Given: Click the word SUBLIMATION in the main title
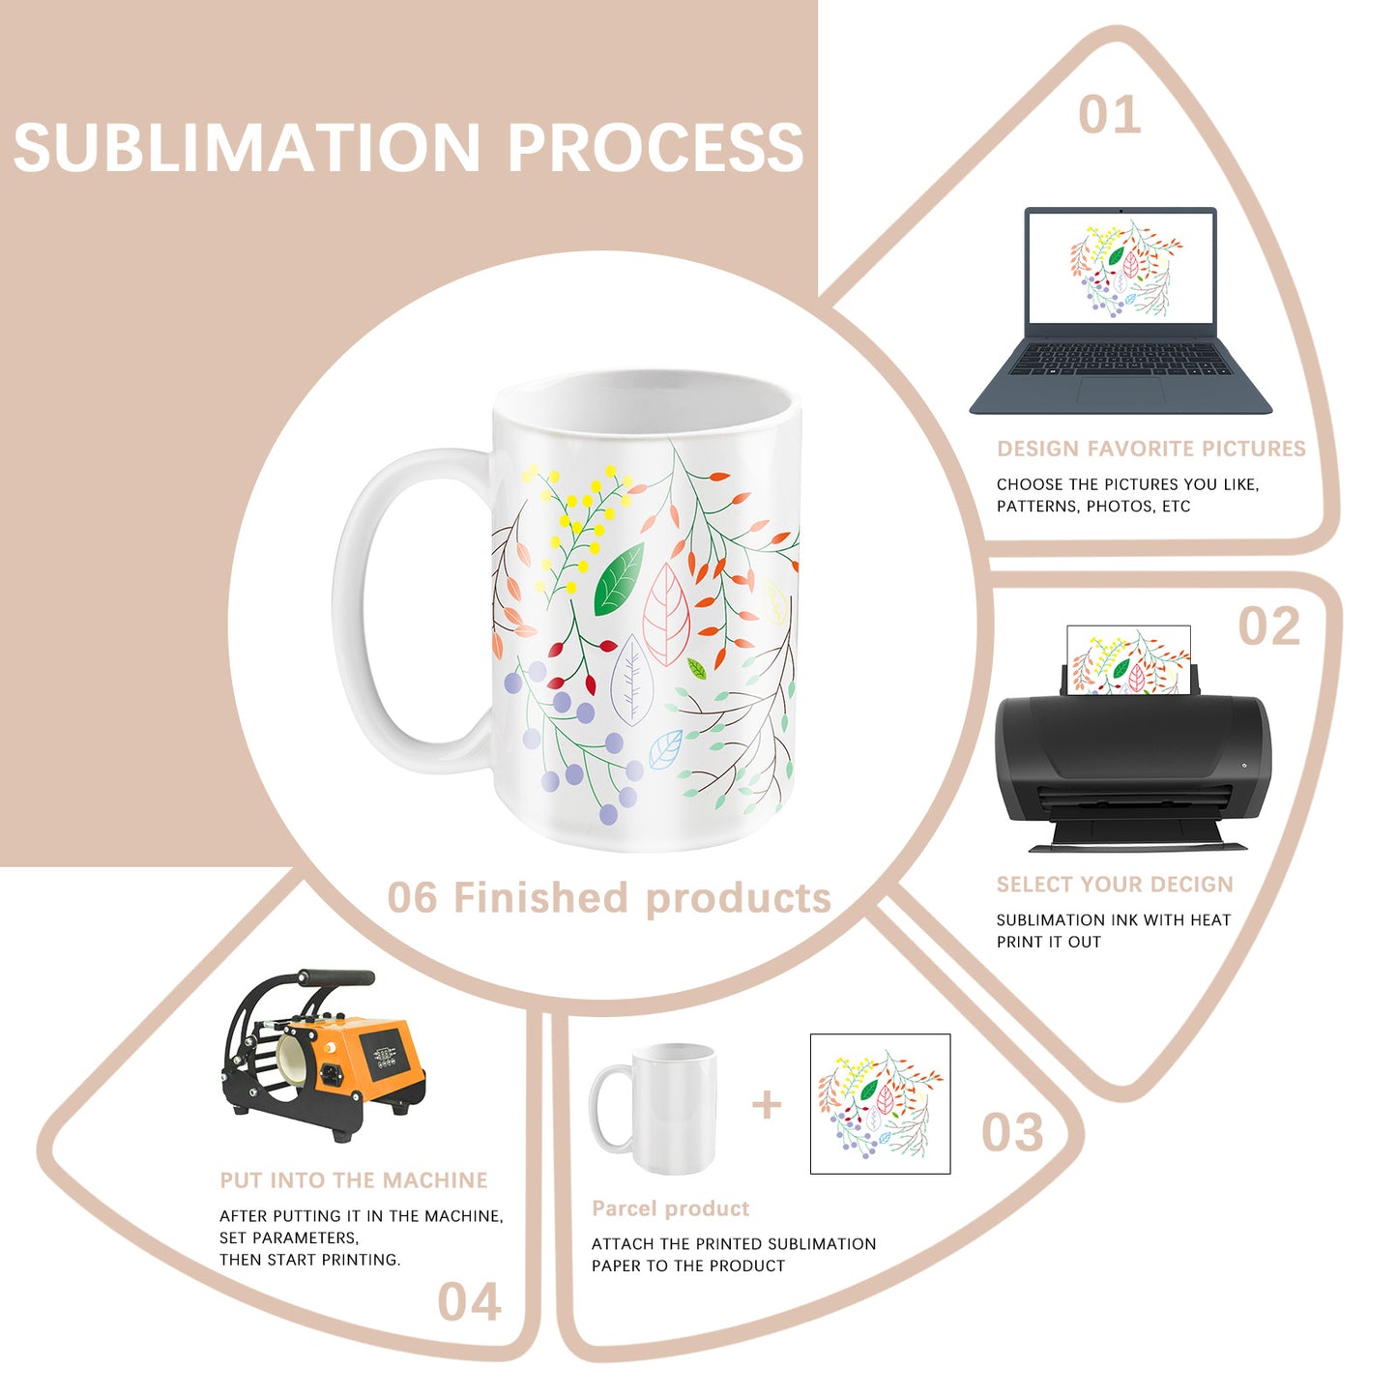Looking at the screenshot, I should point(247,148).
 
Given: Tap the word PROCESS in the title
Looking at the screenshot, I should point(655,148).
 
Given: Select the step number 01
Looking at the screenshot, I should point(1109,115).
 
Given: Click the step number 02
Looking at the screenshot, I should point(1269,626).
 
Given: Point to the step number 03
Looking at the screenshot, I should point(1012,1132).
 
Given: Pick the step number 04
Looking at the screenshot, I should point(469,1301).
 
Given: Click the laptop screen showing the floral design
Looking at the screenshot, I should point(1121,268).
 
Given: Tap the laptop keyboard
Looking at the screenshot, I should point(1121,359).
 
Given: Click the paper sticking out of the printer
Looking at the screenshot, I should point(1128,659).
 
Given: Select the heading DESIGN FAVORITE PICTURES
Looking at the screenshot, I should point(1150,449).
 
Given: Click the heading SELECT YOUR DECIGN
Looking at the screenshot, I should point(1115,885).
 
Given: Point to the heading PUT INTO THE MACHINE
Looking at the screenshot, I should point(354,1180).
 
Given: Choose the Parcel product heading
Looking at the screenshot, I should point(670,1208).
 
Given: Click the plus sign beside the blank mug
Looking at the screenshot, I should point(767,1104).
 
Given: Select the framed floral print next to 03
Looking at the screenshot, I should point(880,1104).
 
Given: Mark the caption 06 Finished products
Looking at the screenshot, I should point(609,898).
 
